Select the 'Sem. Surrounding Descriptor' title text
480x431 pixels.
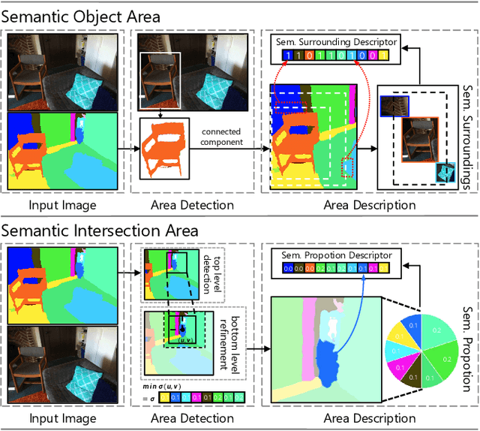336,42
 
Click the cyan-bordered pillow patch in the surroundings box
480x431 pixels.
445,172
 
